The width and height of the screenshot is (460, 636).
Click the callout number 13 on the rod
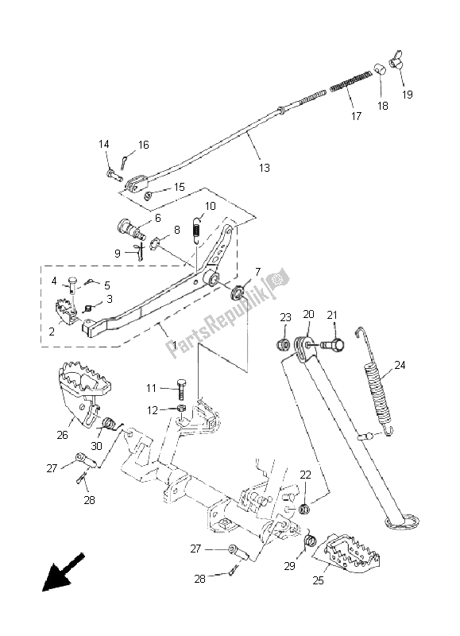click(x=264, y=168)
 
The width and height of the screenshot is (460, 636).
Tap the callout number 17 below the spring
click(x=356, y=116)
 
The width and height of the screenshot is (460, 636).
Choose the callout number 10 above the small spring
click(x=209, y=206)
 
